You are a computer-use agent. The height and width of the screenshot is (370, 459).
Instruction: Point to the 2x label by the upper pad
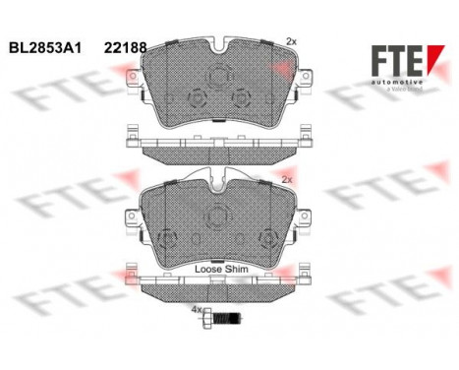pyautogui.click(x=290, y=40)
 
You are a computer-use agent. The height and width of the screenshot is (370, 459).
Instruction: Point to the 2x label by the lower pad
pyautogui.click(x=286, y=180)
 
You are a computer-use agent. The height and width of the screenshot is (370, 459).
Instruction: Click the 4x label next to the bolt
pyautogui.click(x=196, y=311)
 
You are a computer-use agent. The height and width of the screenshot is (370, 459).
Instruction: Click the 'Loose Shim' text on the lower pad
pyautogui.click(x=222, y=268)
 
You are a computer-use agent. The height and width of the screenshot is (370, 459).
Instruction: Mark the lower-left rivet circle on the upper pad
pyautogui.click(x=196, y=99)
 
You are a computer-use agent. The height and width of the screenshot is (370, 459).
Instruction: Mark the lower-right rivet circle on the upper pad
pyautogui.click(x=240, y=98)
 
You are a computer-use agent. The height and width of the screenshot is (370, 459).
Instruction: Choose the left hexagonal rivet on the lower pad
pyautogui.click(x=168, y=239)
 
